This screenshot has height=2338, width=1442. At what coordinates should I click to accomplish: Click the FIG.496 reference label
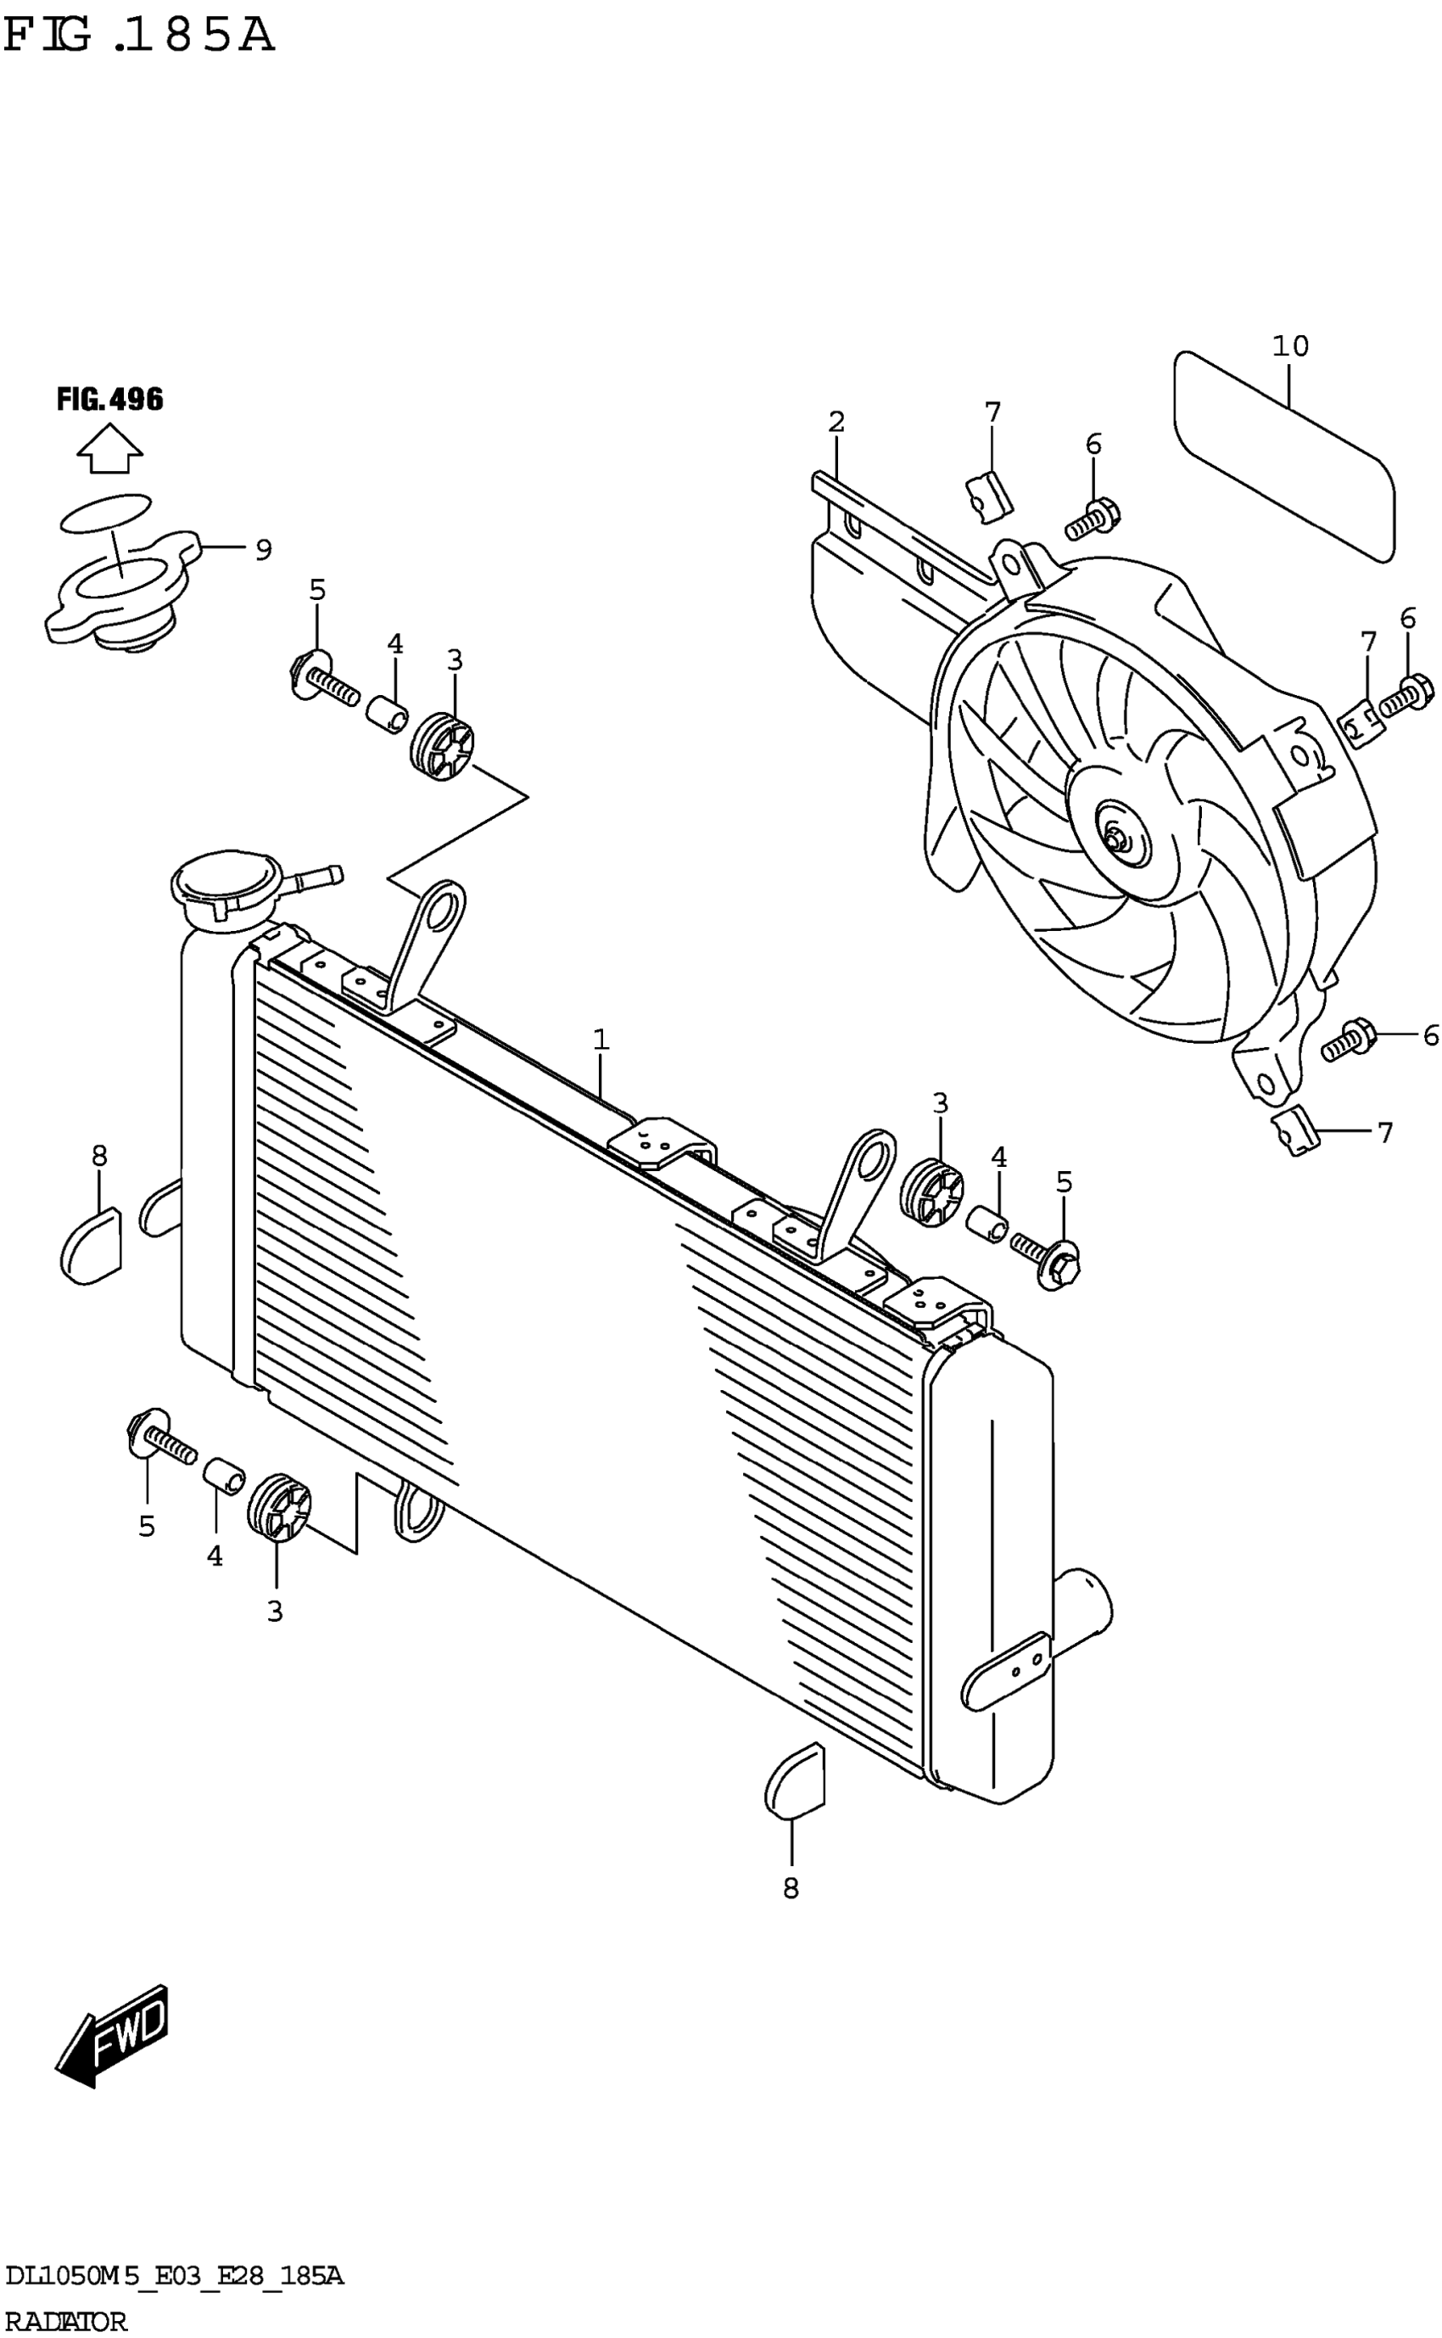(109, 399)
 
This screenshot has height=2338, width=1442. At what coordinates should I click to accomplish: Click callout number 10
(1289, 345)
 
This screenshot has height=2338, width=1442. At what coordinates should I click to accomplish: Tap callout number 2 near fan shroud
(836, 422)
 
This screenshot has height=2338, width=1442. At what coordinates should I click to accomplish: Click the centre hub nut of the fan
(1115, 839)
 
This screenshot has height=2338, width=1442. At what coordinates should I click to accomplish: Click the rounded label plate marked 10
(1283, 456)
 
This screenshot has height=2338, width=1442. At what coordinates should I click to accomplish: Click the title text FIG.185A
(139, 36)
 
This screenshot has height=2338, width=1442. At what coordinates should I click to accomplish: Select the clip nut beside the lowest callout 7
(1294, 1133)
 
